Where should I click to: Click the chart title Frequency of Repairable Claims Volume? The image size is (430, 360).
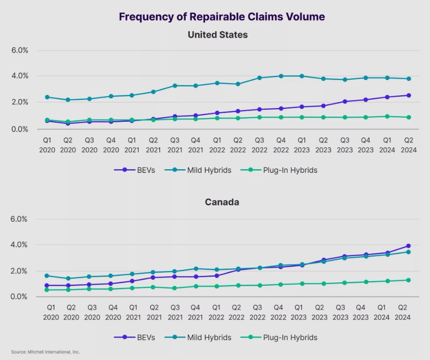pyautogui.click(x=222, y=17)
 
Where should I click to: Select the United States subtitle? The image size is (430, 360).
pyautogui.click(x=218, y=34)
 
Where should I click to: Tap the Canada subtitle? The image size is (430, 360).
pyautogui.click(x=222, y=202)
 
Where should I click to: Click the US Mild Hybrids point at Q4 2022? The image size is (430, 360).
pyautogui.click(x=281, y=76)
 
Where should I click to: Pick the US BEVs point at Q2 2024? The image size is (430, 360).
pyautogui.click(x=408, y=95)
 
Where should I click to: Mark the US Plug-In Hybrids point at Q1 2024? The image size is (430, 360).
pyautogui.click(x=387, y=116)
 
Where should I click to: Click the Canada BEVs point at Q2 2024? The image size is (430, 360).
pyautogui.click(x=408, y=246)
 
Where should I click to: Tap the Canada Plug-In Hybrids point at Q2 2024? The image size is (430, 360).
pyautogui.click(x=408, y=280)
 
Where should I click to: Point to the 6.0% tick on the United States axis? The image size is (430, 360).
pyautogui.click(x=19, y=50)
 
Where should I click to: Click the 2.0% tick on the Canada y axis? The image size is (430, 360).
pyautogui.click(x=19, y=271)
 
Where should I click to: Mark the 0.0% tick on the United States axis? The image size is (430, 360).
pyautogui.click(x=19, y=129)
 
